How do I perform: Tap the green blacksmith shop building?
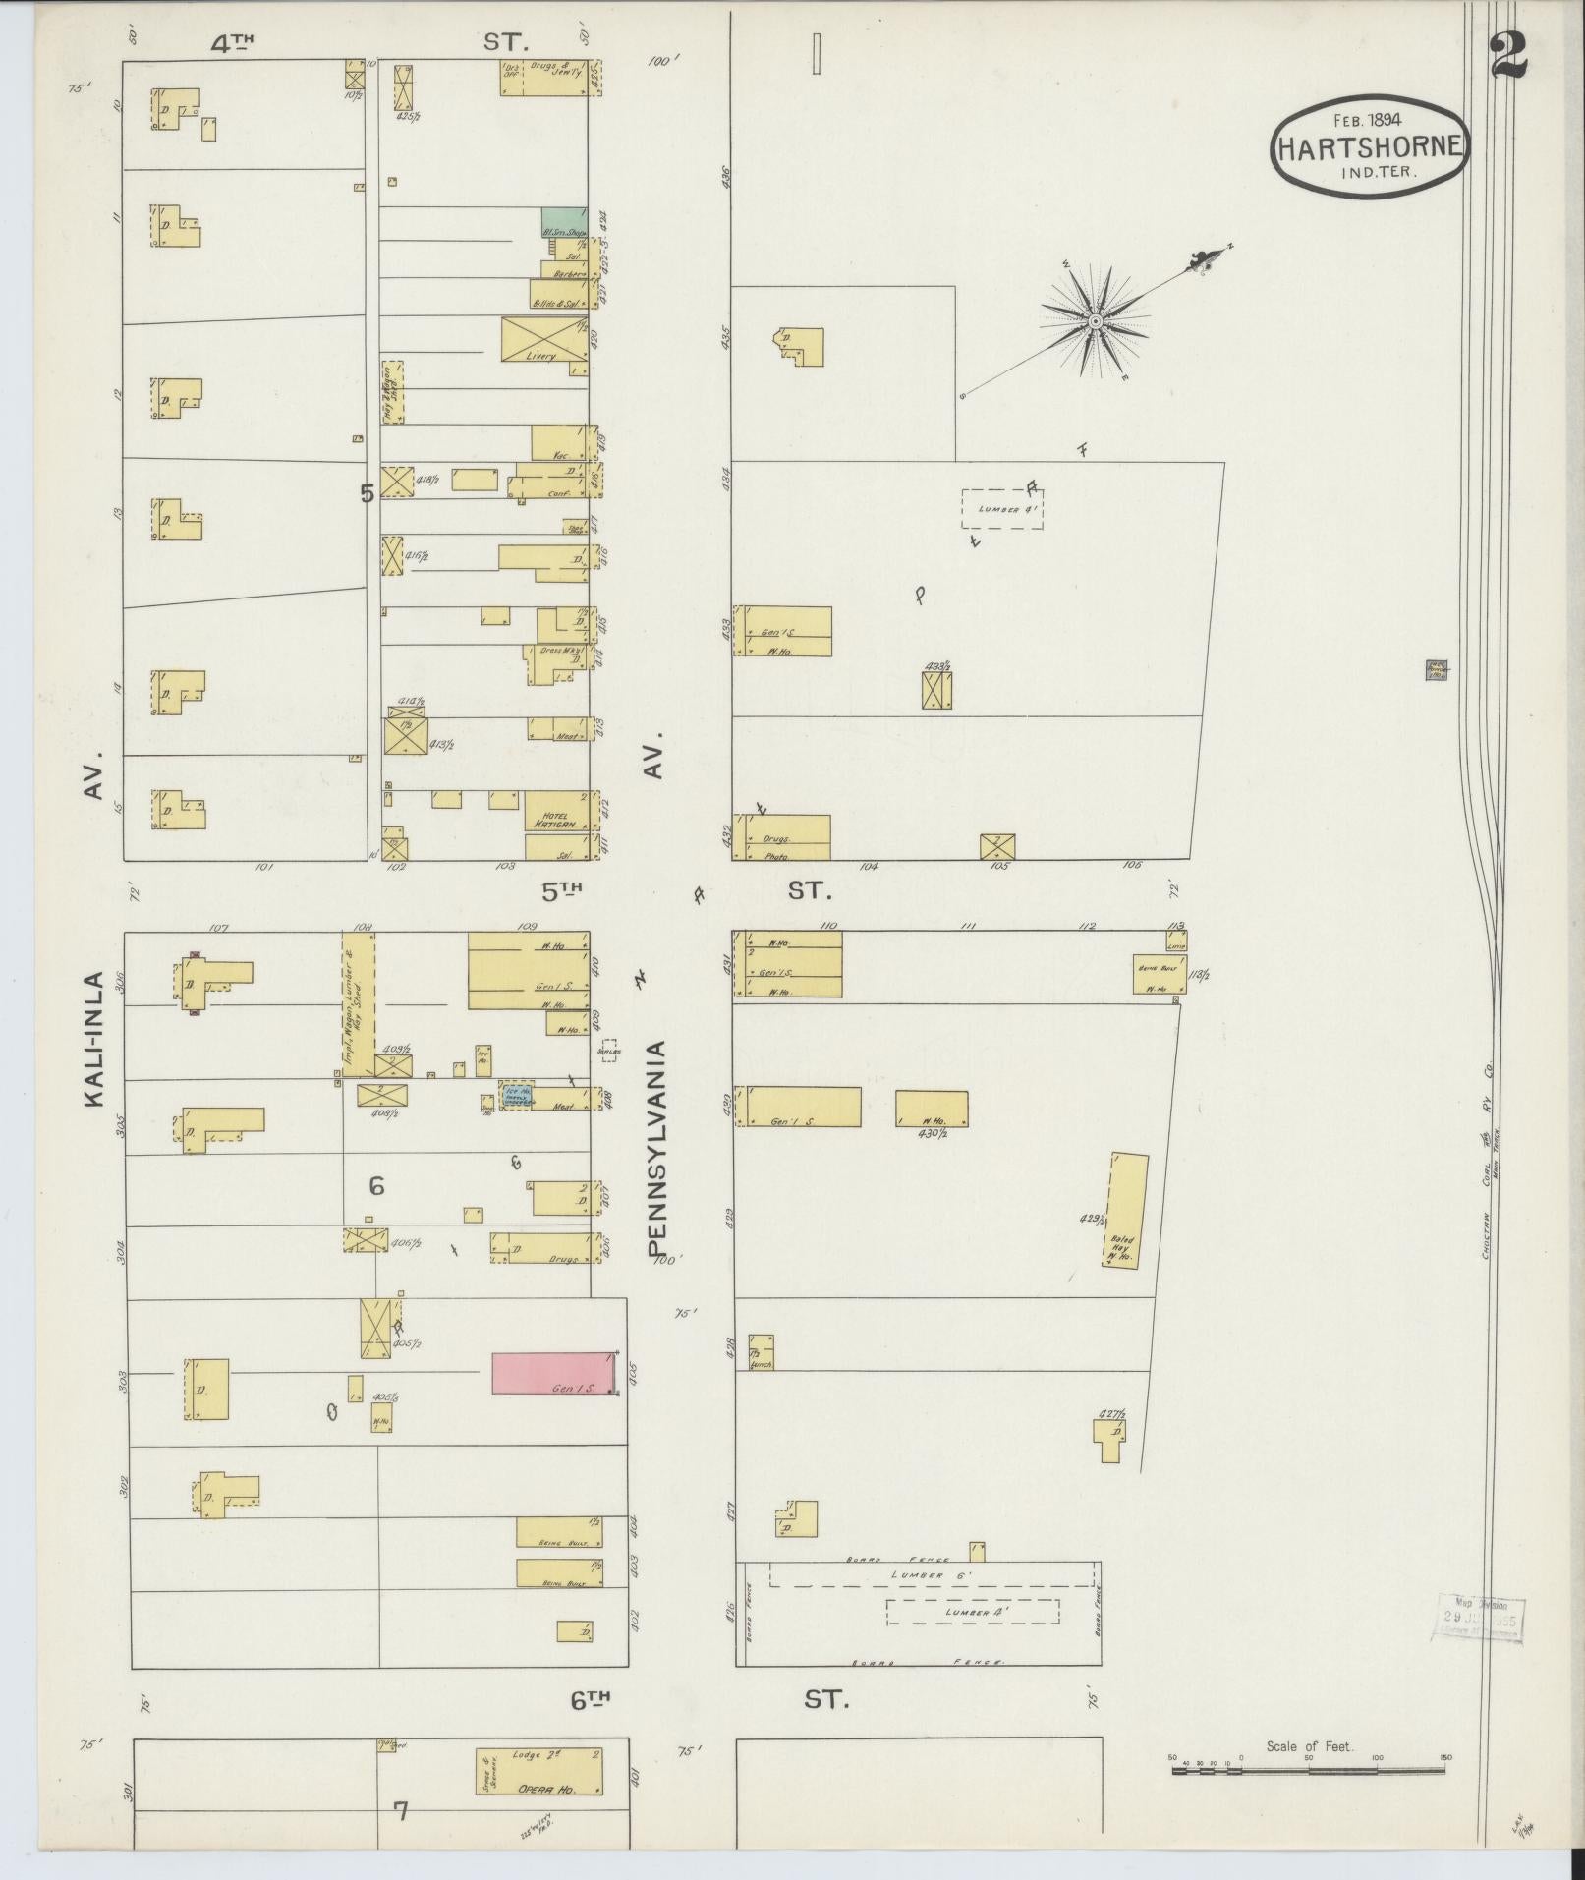click(x=563, y=222)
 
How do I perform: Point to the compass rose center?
click(x=1095, y=320)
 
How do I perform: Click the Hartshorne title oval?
click(x=1371, y=147)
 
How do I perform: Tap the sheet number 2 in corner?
click(x=1507, y=56)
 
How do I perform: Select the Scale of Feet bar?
click(x=1308, y=1771)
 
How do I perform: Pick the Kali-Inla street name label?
click(x=94, y=1040)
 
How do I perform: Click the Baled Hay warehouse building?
click(x=1127, y=1210)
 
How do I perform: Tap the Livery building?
click(x=544, y=338)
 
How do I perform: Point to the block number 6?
click(x=376, y=1186)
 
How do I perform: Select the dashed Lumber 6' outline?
click(x=931, y=1574)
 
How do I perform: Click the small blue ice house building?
click(x=518, y=1096)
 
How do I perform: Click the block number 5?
click(x=367, y=493)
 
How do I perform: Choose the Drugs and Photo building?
click(x=783, y=837)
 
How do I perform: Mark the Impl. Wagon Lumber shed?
click(x=358, y=1001)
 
